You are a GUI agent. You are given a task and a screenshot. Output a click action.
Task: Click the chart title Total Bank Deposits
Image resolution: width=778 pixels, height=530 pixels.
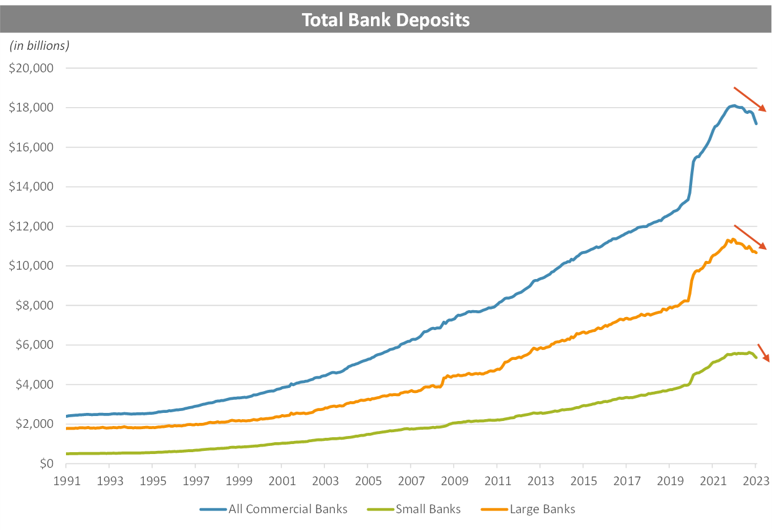pos(385,21)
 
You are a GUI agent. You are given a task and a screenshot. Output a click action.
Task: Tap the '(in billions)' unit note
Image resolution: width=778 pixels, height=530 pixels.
pos(39,45)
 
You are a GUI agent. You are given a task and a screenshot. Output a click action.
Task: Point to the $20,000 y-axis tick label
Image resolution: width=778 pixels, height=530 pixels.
pos(31,68)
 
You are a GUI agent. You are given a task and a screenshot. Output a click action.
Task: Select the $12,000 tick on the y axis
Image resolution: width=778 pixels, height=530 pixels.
pos(31,226)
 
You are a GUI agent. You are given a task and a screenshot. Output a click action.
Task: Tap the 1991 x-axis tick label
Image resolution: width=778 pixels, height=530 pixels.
pos(66,483)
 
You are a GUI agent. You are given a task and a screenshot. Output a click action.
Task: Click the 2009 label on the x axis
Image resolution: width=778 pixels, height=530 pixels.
pos(454,483)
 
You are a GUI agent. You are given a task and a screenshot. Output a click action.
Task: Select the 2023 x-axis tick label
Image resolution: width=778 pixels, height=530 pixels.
pos(756,483)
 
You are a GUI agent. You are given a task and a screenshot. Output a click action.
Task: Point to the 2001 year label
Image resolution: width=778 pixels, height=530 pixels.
pos(281,483)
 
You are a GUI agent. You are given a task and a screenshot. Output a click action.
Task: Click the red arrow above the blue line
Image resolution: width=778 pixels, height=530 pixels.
pos(750,99)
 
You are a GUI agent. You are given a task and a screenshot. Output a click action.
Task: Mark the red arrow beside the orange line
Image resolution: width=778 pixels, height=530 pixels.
pos(750,237)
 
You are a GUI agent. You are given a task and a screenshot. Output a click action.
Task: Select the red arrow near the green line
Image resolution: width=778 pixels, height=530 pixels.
pos(764,353)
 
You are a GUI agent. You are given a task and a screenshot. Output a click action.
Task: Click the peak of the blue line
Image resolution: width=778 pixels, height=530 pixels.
pos(734,105)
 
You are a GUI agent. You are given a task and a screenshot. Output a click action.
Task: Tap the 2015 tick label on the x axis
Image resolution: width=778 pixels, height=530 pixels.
pos(583,483)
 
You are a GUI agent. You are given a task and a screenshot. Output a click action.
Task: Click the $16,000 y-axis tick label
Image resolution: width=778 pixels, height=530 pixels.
pos(31,147)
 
